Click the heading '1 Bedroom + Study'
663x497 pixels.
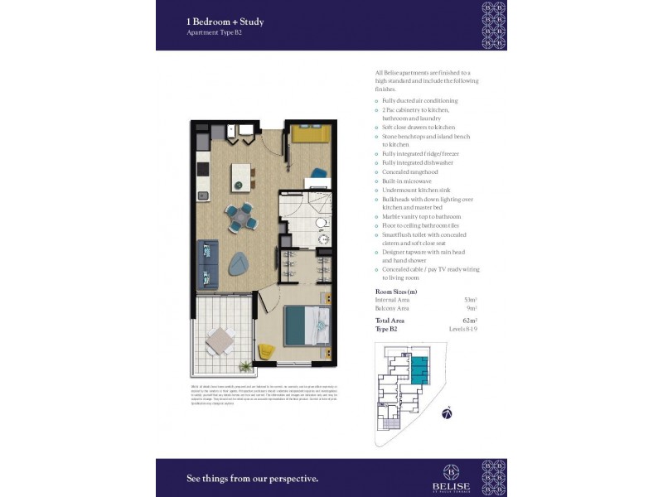[x=225, y=22]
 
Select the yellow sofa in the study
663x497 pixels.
[x=310, y=134]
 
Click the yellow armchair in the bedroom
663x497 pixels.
[x=266, y=351]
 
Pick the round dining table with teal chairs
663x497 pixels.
[x=240, y=215]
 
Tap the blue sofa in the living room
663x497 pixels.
[x=206, y=264]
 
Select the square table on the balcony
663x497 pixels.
[x=220, y=340]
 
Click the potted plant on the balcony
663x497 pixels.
[x=245, y=365]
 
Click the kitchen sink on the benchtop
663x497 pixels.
[x=202, y=196]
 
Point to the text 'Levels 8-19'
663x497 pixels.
[x=464, y=330]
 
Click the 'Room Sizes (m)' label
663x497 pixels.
[x=396, y=292]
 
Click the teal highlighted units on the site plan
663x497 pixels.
[x=421, y=369]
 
